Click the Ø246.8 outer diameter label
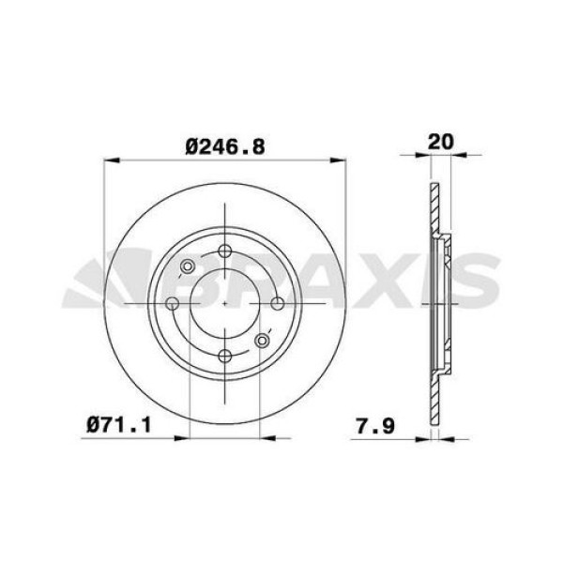point(225,146)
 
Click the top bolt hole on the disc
point(225,251)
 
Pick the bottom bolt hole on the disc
point(225,356)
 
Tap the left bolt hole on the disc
point(173,303)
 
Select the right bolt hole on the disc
point(278,303)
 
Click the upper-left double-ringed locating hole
point(186,268)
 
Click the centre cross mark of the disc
point(225,303)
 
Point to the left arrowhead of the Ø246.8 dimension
point(106,160)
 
